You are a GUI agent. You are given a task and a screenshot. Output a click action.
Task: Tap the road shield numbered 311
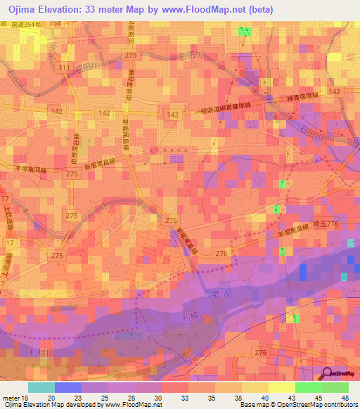pyautogui.click(x=65, y=67)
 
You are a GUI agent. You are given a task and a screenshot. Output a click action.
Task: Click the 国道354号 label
pyautogui.click(x=29, y=24)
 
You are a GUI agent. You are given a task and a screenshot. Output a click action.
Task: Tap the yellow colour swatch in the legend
pyautogui.click(x=281, y=387)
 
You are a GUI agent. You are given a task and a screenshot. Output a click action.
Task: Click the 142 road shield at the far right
pyautogui.click(x=335, y=91)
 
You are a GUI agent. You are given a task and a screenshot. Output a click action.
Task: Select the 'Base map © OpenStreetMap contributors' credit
pyautogui.click(x=299, y=405)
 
